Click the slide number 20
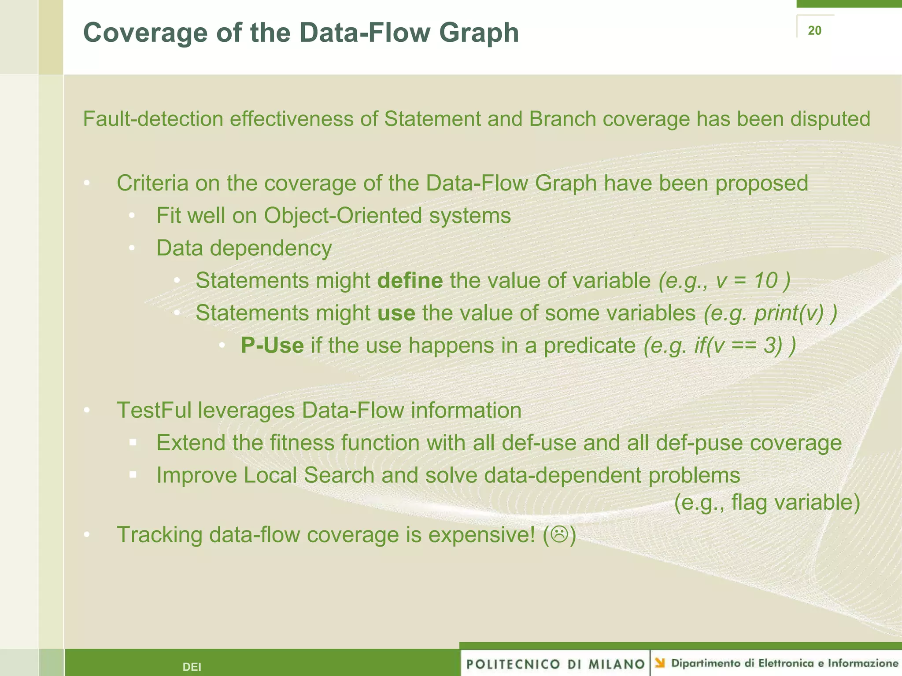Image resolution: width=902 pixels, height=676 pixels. pyautogui.click(x=814, y=30)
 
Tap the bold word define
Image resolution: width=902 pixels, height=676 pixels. pyautogui.click(x=410, y=281)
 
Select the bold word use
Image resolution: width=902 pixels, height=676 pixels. pyautogui.click(x=396, y=313)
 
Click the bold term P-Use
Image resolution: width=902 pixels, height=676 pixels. pyautogui.click(x=272, y=345)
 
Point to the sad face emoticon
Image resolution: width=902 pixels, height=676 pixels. pyautogui.click(x=559, y=535)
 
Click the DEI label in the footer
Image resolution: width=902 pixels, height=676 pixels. pyautogui.click(x=192, y=667)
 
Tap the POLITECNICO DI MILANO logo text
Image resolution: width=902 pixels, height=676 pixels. pyautogui.click(x=555, y=664)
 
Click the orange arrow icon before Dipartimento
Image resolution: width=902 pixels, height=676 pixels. pyautogui.click(x=660, y=663)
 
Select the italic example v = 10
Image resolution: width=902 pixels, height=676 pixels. pyautogui.click(x=747, y=281)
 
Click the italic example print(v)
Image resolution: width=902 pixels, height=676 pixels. pyautogui.click(x=788, y=313)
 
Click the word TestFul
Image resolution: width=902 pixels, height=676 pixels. pyautogui.click(x=154, y=410)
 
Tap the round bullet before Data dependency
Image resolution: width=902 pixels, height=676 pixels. pyautogui.click(x=132, y=248)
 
